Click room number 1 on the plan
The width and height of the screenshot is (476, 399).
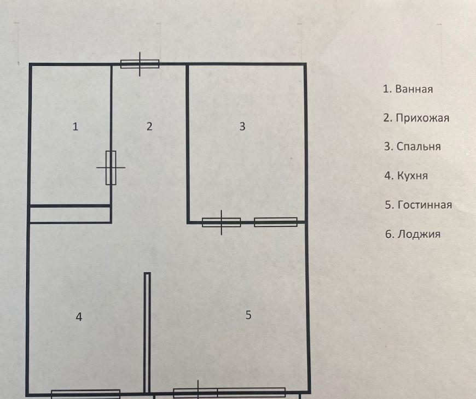pos(76,127)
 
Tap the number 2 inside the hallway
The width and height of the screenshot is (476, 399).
pos(149,127)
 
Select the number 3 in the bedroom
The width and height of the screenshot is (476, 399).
pos(242,127)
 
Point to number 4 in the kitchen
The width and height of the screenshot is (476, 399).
pos(79,317)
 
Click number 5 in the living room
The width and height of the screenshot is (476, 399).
pos(248,315)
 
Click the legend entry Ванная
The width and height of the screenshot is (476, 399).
pos(408,89)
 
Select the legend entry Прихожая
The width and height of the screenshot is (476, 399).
pos(416,118)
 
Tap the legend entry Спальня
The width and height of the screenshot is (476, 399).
pos(412,147)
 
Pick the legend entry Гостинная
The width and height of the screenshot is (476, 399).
pos(418,205)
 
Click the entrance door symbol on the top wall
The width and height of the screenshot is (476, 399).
pos(140,64)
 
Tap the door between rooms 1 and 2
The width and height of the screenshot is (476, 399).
pos(111,168)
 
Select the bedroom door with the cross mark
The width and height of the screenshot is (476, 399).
pos(221,222)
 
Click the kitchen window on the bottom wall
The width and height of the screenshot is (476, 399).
pos(86,394)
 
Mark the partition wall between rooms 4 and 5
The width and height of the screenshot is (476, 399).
pos(147,332)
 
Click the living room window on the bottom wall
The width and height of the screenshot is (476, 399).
pos(229,392)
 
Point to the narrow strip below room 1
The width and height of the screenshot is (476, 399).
pos(70,214)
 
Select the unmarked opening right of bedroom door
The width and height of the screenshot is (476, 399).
pos(276,222)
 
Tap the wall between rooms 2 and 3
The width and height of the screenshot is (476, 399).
pos(188,143)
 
